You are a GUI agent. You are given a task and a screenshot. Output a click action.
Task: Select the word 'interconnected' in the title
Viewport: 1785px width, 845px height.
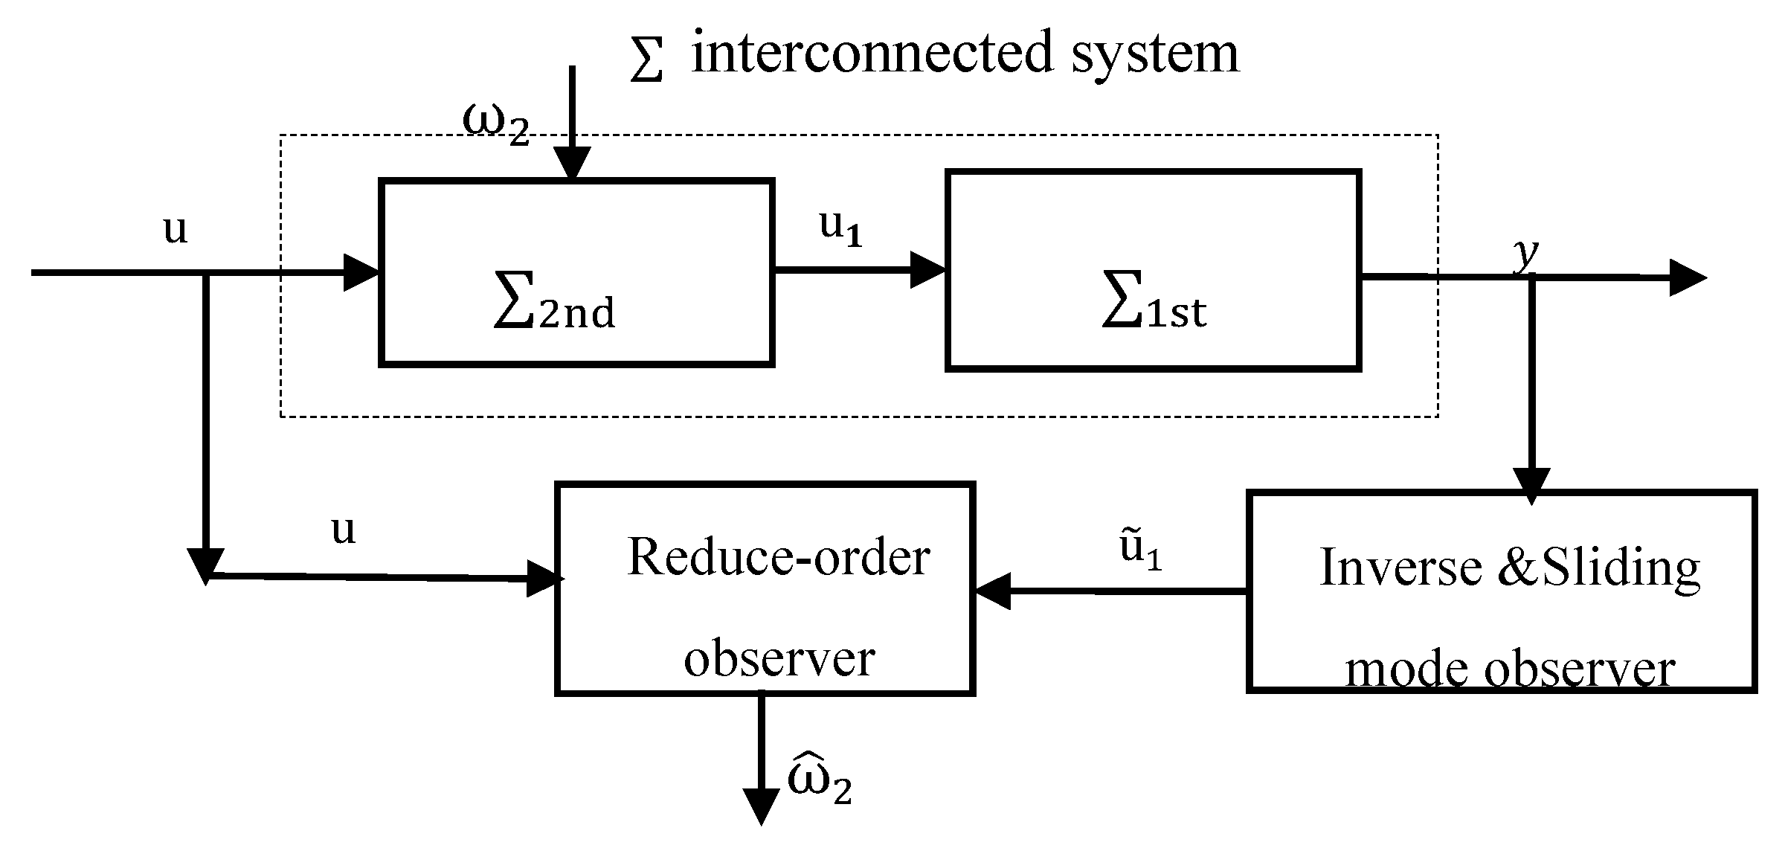pos(872,54)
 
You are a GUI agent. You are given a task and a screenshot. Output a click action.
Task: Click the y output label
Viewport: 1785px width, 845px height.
pos(1526,255)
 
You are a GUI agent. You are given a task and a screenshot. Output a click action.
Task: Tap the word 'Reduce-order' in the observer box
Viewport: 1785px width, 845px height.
pos(779,556)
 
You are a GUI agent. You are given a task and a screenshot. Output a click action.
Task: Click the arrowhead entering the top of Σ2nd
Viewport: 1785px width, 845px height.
pos(571,164)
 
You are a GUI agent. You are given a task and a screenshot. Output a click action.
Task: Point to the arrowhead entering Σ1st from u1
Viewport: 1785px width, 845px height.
pos(927,269)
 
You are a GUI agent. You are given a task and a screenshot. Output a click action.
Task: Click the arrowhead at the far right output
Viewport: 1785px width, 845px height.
pos(1687,277)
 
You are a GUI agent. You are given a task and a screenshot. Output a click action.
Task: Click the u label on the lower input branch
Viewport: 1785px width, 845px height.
pos(343,531)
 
